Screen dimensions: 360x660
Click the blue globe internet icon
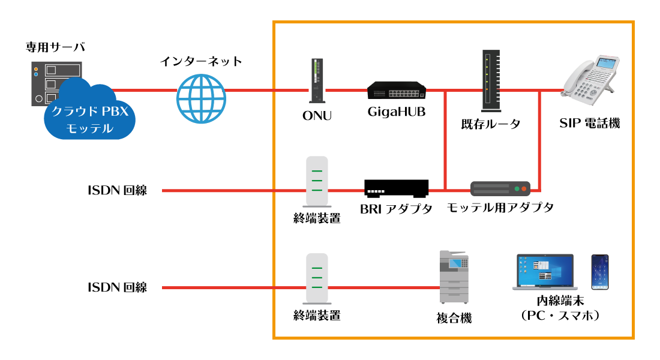201,99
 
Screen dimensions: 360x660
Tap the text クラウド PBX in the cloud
90,112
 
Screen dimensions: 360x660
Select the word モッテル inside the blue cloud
89,128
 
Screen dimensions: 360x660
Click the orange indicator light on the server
36,69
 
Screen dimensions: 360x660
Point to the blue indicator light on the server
36,74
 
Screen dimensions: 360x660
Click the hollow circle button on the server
39,98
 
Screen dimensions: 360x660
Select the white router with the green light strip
317,80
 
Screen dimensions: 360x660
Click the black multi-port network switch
397,90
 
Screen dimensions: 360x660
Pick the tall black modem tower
491,80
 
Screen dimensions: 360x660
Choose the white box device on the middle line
317,181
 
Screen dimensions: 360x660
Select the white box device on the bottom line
317,278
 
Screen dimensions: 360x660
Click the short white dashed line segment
376,191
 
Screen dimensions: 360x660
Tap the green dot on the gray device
516,188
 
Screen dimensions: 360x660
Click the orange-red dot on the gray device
524,188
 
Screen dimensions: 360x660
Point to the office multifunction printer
454,277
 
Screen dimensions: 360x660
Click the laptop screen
545,271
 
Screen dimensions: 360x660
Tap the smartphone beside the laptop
600,272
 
